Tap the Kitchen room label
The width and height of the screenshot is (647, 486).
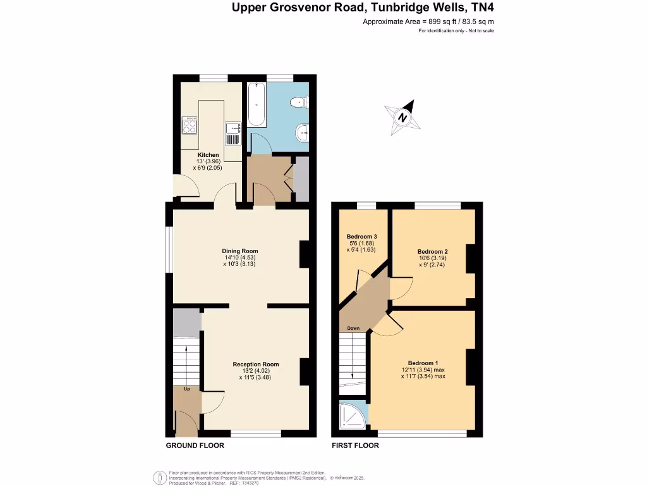click(209, 155)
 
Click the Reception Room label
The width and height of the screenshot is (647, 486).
click(255, 364)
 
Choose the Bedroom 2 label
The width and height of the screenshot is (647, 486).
click(432, 251)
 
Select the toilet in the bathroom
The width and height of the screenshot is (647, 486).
click(298, 102)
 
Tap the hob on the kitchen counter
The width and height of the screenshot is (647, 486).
click(189, 124)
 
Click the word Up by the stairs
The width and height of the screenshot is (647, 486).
click(186, 389)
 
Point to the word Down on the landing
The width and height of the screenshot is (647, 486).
click(353, 328)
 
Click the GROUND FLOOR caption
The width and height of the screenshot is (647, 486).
click(195, 445)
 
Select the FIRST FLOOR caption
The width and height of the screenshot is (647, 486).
click(356, 445)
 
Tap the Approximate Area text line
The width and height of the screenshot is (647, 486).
click(428, 22)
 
